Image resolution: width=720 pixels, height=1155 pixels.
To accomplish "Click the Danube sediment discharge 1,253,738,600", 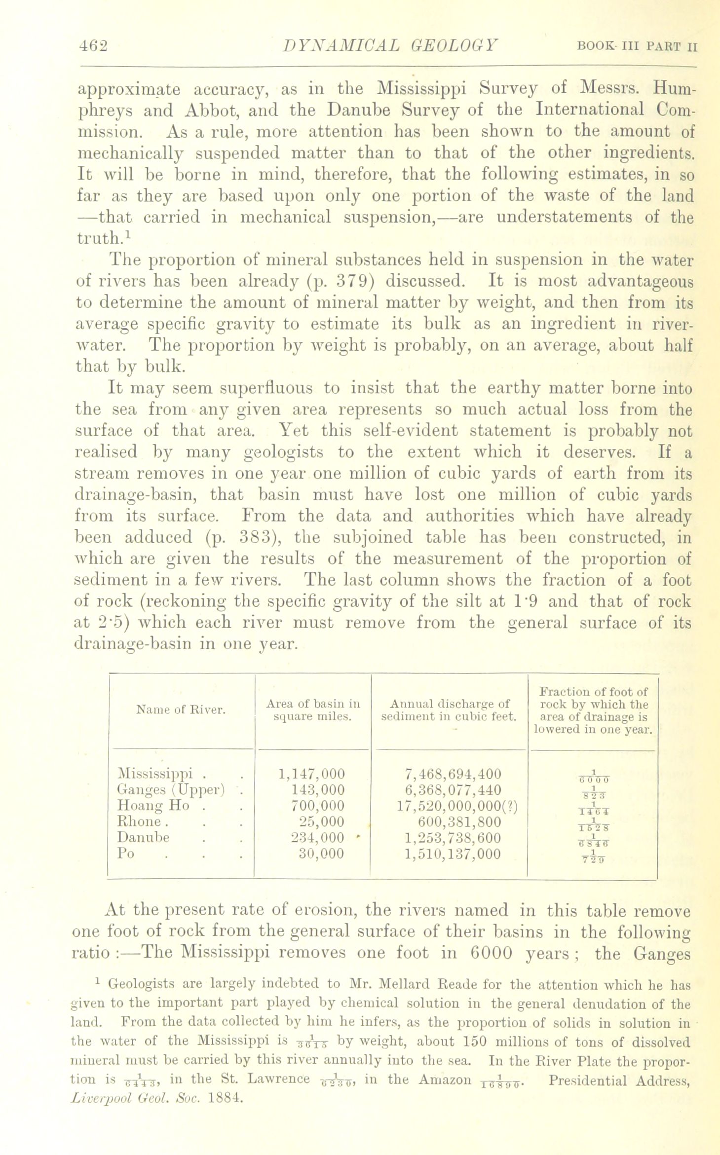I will point(452,837).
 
